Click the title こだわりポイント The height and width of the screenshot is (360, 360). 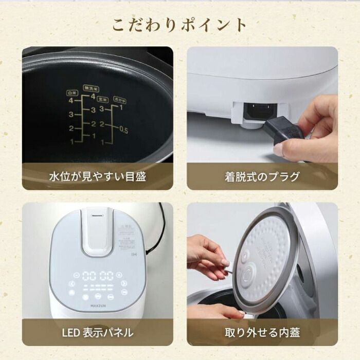coord(180,24)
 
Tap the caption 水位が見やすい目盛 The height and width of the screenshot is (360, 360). coord(97,177)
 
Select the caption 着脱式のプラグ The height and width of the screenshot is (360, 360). coord(262,177)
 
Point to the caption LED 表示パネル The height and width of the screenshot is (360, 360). coord(97,332)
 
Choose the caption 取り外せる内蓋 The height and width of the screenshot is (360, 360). coord(262,332)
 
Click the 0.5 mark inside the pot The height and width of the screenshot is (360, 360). coord(123,131)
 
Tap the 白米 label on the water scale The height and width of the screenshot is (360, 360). coord(71,93)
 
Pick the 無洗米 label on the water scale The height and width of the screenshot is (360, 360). coord(93,88)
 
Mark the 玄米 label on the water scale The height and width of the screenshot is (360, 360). coord(103,99)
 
